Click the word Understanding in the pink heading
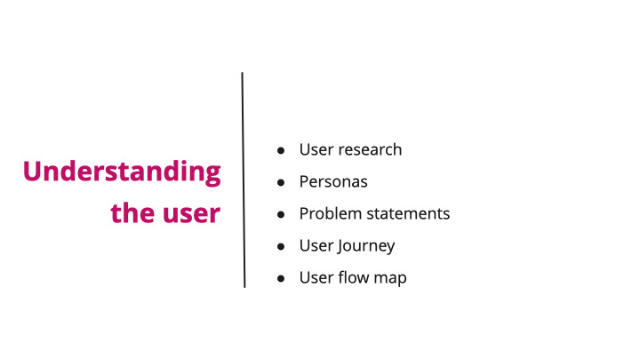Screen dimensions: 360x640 [x=122, y=172]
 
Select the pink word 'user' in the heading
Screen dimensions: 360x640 [x=190, y=214]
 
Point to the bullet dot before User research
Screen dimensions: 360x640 [x=281, y=150]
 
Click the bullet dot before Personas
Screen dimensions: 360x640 [x=281, y=182]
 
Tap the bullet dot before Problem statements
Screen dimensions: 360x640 [x=281, y=214]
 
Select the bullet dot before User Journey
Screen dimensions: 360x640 [x=281, y=246]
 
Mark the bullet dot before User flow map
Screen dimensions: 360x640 [x=281, y=278]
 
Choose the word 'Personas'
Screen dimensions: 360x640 [x=333, y=181]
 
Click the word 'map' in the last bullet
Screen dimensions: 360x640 [x=390, y=278]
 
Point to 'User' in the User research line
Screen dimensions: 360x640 [x=316, y=149]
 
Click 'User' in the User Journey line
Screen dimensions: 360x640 [x=316, y=245]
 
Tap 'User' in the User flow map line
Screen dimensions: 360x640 [x=316, y=277]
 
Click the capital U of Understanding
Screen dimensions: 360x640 [x=33, y=172]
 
